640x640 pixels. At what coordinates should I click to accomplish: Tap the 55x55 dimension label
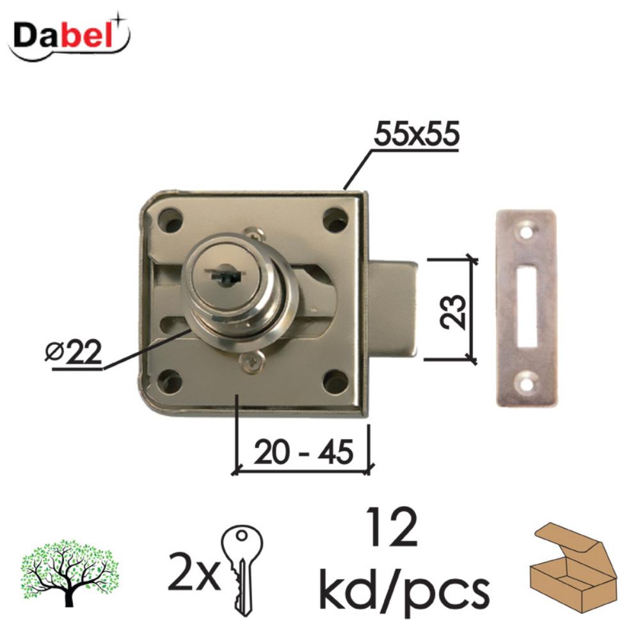(417, 134)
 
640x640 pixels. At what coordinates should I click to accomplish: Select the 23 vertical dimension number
(452, 312)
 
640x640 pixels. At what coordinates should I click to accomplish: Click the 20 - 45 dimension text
(303, 452)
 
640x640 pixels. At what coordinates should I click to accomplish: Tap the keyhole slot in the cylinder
(223, 273)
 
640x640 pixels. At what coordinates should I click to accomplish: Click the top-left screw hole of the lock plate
(170, 219)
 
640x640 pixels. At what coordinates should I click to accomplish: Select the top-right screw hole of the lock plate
(335, 219)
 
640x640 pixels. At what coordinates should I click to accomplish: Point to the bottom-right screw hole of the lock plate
(335, 381)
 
